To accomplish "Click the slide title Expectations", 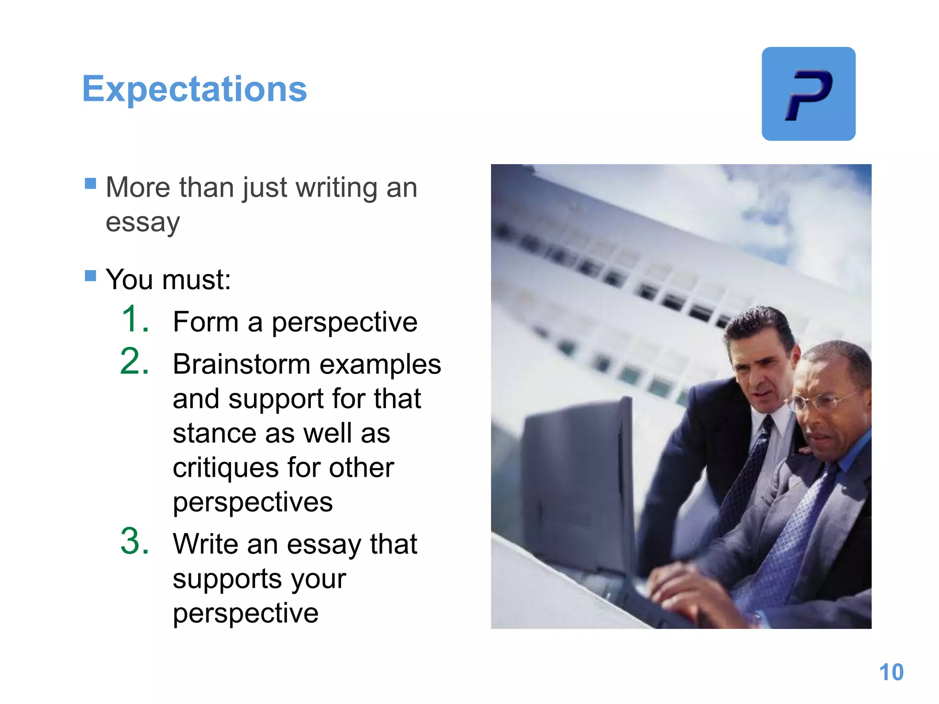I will (x=194, y=89).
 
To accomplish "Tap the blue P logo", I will (x=808, y=94).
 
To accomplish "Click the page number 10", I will (x=891, y=672).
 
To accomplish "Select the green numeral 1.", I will (x=135, y=319).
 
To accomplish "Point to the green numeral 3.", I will (x=135, y=542).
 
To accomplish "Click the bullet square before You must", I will (x=90, y=275).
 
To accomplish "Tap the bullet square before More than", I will (x=90, y=184).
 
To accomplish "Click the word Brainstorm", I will (x=242, y=364).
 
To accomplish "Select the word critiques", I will (x=226, y=468).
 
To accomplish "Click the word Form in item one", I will (x=205, y=322).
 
